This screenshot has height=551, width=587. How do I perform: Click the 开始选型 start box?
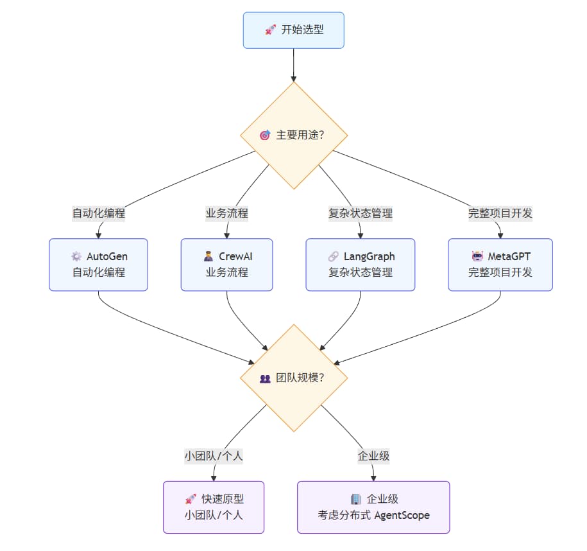tap(293, 30)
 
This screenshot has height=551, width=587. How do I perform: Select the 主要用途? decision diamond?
tap(294, 136)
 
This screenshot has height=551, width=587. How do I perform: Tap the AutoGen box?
tap(98, 265)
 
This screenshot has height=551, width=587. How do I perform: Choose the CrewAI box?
tap(226, 265)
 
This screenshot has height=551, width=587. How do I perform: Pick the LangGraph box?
tap(360, 265)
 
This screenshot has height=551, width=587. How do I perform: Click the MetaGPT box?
tap(500, 265)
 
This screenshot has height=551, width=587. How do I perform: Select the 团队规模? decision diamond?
tap(294, 378)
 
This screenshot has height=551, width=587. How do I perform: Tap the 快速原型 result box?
tap(214, 507)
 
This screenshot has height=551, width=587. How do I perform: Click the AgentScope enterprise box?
tap(373, 507)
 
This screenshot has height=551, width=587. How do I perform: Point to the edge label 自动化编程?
tap(98, 213)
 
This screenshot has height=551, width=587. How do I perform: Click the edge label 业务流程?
tap(226, 213)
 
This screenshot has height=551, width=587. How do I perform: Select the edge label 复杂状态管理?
tap(360, 213)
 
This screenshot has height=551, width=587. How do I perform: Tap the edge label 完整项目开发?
tap(500, 213)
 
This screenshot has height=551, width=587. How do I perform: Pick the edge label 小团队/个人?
tap(214, 456)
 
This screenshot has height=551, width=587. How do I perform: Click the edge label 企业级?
tap(373, 456)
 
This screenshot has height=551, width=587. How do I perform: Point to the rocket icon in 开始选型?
tap(270, 30)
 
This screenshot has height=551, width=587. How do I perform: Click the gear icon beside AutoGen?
tap(76, 257)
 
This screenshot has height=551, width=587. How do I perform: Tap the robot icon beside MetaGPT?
tap(477, 257)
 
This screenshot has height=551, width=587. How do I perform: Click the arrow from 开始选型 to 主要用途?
tap(294, 65)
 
